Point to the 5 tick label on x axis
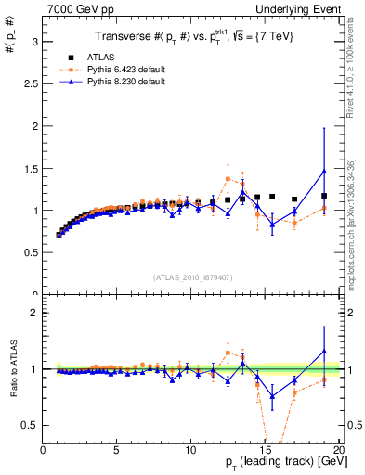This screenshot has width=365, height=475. click(116, 450)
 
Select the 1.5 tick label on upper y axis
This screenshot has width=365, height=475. click(30, 168)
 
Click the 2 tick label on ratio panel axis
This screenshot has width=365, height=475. click(33, 313)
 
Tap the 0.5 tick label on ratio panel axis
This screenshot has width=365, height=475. click(30, 425)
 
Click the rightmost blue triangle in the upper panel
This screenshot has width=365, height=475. click(324, 171)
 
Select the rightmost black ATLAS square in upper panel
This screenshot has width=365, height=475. click(324, 196)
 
